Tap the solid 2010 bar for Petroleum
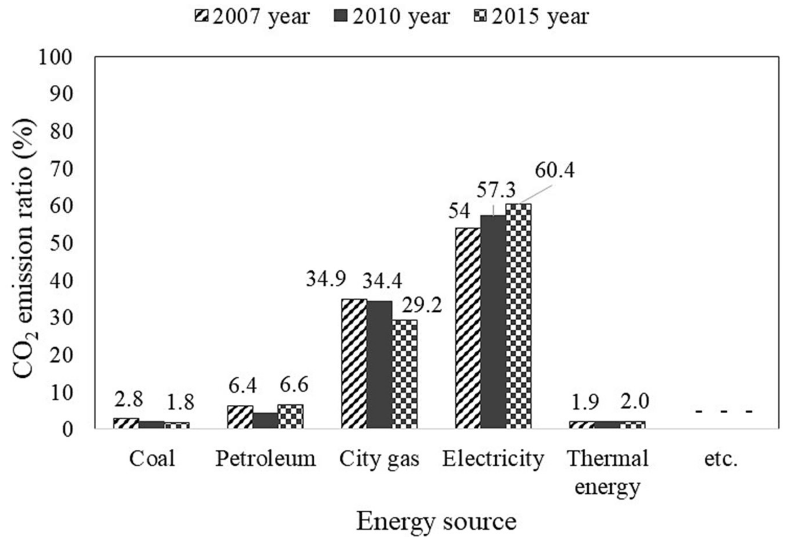(x=266, y=421)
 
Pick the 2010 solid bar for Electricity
(x=493, y=321)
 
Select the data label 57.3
(x=496, y=191)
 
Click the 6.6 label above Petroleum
(x=294, y=385)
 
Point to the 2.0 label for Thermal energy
(x=634, y=401)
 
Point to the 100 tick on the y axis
(x=55, y=57)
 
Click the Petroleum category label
(x=266, y=459)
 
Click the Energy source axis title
(x=436, y=522)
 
